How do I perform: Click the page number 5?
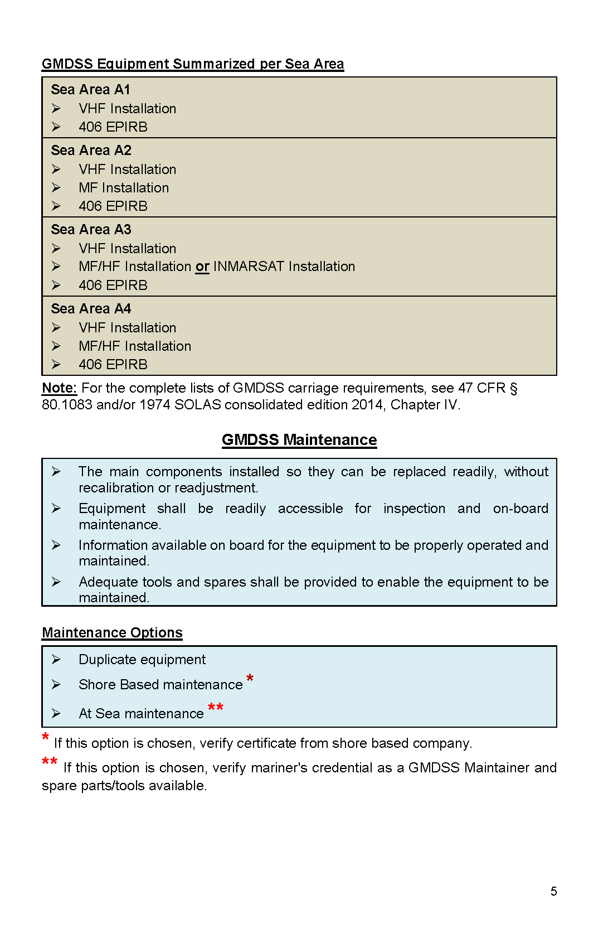point(553,891)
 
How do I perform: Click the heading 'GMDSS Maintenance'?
point(299,440)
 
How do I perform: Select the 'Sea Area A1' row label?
point(90,90)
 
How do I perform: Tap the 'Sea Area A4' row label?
point(91,309)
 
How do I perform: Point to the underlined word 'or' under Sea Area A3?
point(202,267)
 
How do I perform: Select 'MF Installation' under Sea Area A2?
point(124,188)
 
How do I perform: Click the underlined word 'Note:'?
point(59,388)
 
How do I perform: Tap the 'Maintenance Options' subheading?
point(112,633)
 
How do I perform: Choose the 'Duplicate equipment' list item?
point(142,660)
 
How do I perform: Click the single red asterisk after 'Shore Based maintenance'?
point(250,679)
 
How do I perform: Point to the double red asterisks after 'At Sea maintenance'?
point(216,708)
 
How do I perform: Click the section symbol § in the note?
point(513,389)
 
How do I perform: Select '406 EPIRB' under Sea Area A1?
point(113,127)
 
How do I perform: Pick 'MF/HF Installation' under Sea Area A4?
point(135,346)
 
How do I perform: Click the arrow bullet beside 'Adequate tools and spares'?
point(56,582)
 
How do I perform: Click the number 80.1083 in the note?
point(67,405)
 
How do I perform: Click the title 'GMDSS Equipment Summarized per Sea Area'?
point(193,64)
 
